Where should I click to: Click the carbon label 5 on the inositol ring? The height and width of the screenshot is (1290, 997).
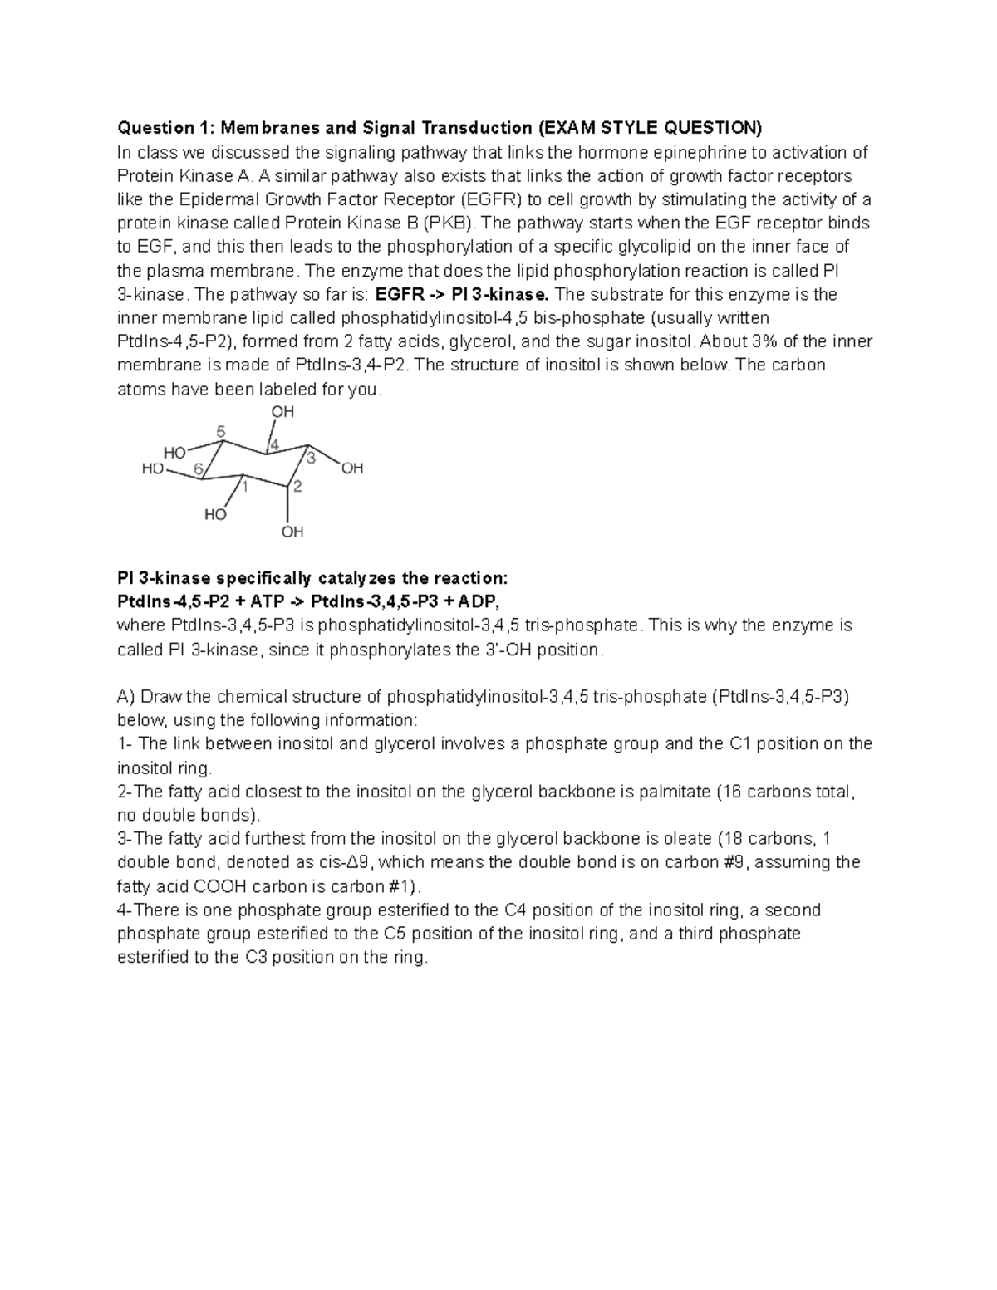click(x=220, y=431)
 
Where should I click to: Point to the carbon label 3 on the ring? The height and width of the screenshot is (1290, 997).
click(x=311, y=458)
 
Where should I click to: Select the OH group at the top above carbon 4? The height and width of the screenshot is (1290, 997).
click(x=283, y=412)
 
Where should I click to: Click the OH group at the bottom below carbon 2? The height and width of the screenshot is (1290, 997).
click(x=292, y=532)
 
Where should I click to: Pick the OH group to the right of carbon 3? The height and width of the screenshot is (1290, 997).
click(x=352, y=468)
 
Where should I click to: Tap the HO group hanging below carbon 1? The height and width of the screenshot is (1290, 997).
click(x=215, y=515)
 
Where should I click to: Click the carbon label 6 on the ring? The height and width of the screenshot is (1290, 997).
click(x=199, y=468)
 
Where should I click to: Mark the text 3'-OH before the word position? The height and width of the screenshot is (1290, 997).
click(x=508, y=650)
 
